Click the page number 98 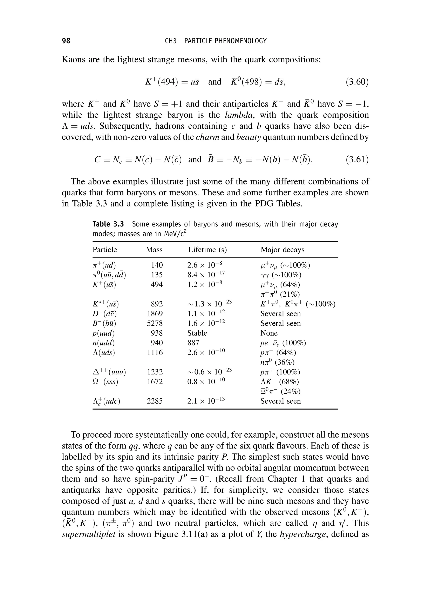[66, 41]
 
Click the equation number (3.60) [357, 82]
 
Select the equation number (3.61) [357, 160]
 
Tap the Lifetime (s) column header [207, 250]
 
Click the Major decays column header [282, 250]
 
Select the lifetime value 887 [193, 343]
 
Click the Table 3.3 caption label [108, 224]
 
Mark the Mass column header [154, 250]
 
